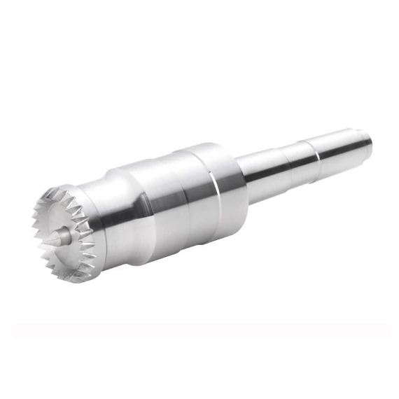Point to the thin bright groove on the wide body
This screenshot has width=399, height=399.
[211, 189]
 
